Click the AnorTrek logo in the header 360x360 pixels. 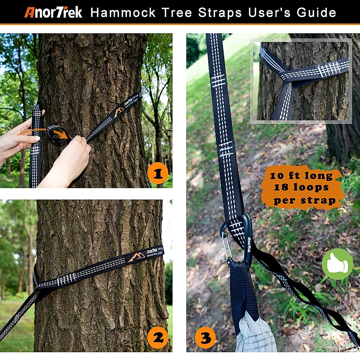pos(53,12)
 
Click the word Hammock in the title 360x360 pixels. pos(123,13)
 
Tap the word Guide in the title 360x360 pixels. pos(316,13)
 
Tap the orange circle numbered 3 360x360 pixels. pos(205,338)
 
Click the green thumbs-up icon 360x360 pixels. pos(337,264)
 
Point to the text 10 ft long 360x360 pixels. pos(301,175)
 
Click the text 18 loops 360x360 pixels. pos(301,187)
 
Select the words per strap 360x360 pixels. pos(304,200)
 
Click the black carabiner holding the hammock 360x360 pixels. pos(247,240)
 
